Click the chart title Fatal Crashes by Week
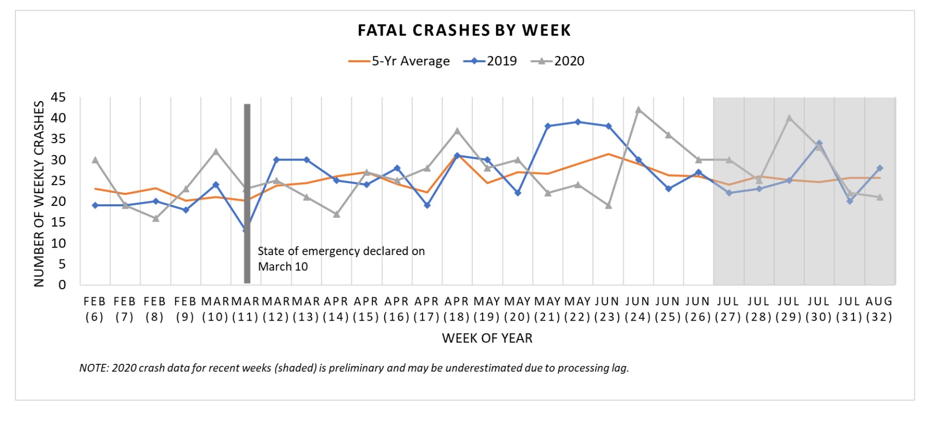[x=464, y=30]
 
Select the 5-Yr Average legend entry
[x=399, y=61]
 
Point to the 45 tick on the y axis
[x=58, y=97]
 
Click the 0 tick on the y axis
[x=62, y=285]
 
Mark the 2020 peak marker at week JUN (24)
[x=638, y=110]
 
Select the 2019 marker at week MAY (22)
[x=578, y=122]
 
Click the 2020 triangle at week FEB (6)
[x=95, y=160]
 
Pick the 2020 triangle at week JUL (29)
[x=789, y=118]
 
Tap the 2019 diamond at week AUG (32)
[x=880, y=168]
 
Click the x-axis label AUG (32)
[x=879, y=309]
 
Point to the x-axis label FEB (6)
[x=94, y=309]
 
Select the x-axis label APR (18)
[x=456, y=309]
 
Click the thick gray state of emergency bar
[x=247, y=194]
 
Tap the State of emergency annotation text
[x=341, y=258]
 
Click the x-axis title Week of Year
[x=487, y=339]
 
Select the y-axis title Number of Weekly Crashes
[x=39, y=194]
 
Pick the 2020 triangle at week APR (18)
[x=457, y=131]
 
